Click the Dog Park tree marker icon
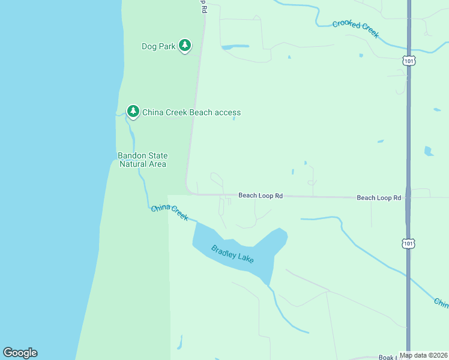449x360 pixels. pyautogui.click(x=185, y=45)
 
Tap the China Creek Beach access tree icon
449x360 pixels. pyautogui.click(x=133, y=111)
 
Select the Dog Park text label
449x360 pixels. pyautogui.click(x=158, y=46)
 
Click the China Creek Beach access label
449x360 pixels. pyautogui.click(x=191, y=112)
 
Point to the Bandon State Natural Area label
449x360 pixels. pyautogui.click(x=142, y=160)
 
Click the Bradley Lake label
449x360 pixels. pyautogui.click(x=232, y=254)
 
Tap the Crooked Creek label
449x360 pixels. pyautogui.click(x=356, y=28)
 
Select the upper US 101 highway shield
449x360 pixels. pyautogui.click(x=408, y=61)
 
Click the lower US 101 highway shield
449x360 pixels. pyautogui.click(x=408, y=243)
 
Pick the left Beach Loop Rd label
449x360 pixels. pyautogui.click(x=260, y=195)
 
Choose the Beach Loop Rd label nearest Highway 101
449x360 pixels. pyautogui.click(x=378, y=197)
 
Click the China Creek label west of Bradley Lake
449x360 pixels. pyautogui.click(x=169, y=212)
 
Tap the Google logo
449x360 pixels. pyautogui.click(x=20, y=353)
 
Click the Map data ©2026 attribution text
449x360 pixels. pyautogui.click(x=423, y=355)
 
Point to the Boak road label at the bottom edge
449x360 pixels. pyautogui.click(x=389, y=357)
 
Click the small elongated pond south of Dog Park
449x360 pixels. pyautogui.click(x=235, y=46)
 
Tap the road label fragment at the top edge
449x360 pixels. pyautogui.click(x=204, y=6)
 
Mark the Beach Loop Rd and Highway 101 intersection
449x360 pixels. pyautogui.click(x=408, y=197)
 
